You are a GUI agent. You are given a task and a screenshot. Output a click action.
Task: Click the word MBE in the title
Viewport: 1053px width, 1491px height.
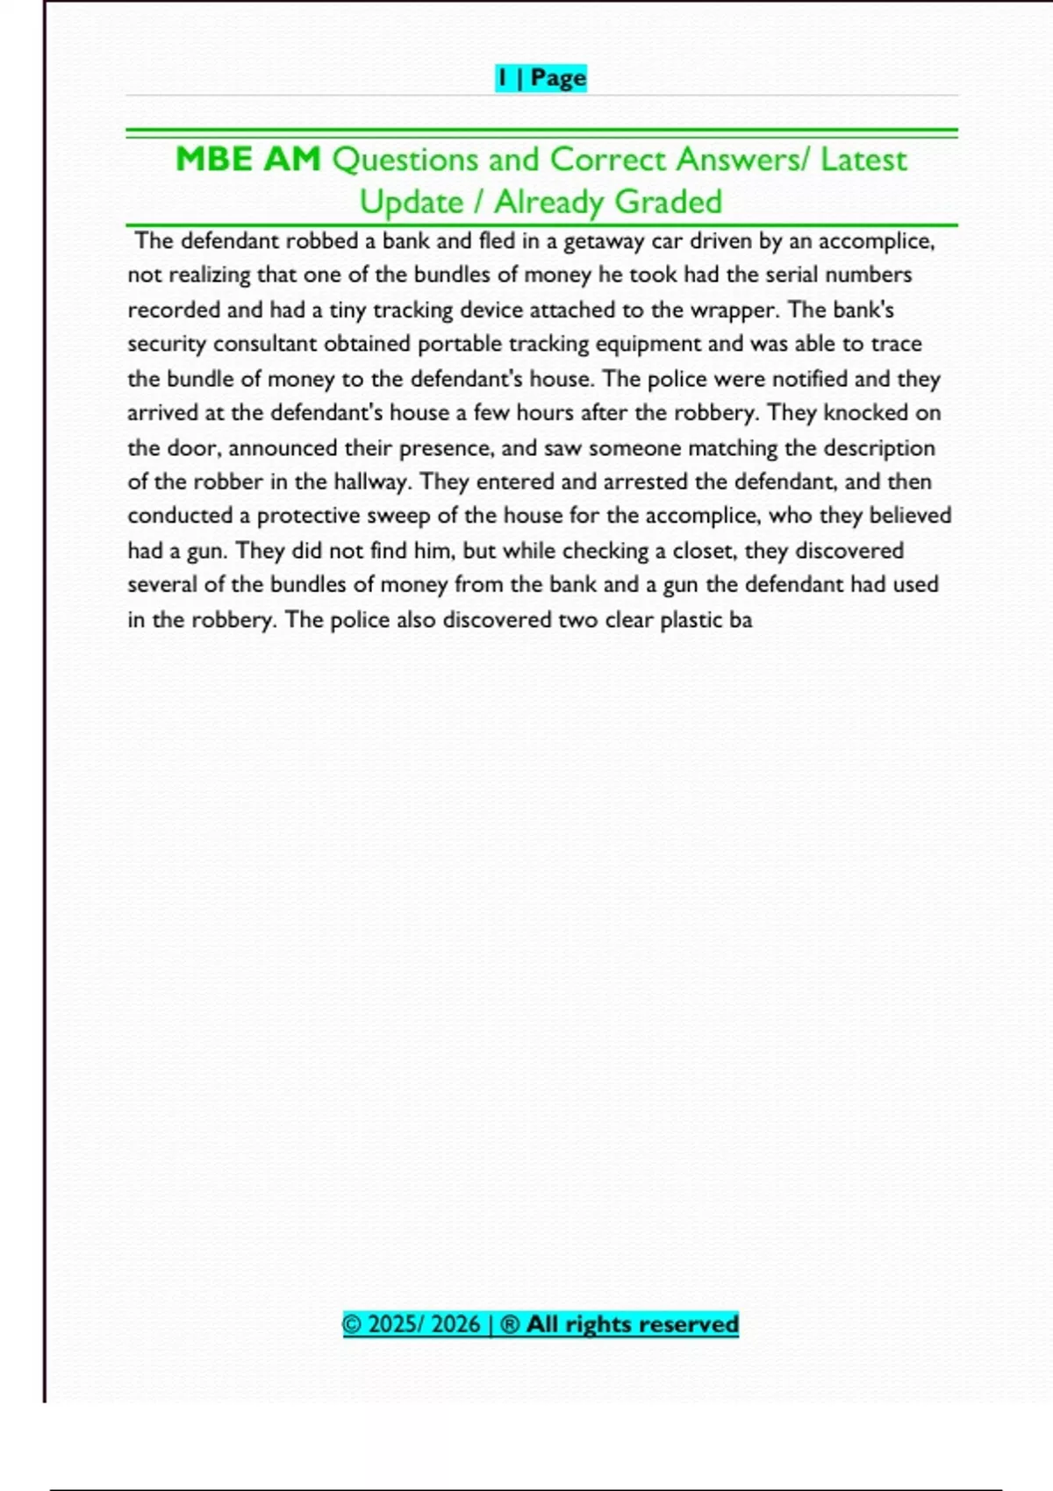coord(213,160)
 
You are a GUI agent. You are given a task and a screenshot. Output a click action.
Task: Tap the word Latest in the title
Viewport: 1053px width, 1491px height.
coord(863,160)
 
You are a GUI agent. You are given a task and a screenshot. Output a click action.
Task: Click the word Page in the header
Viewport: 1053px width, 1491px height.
coord(558,78)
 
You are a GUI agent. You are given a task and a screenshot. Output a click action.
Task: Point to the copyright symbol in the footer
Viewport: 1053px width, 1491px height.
coord(352,1323)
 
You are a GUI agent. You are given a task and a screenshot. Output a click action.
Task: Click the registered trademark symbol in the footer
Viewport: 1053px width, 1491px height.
coord(509,1323)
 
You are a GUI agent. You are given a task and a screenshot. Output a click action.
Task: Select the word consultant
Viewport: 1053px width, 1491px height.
coord(265,344)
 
